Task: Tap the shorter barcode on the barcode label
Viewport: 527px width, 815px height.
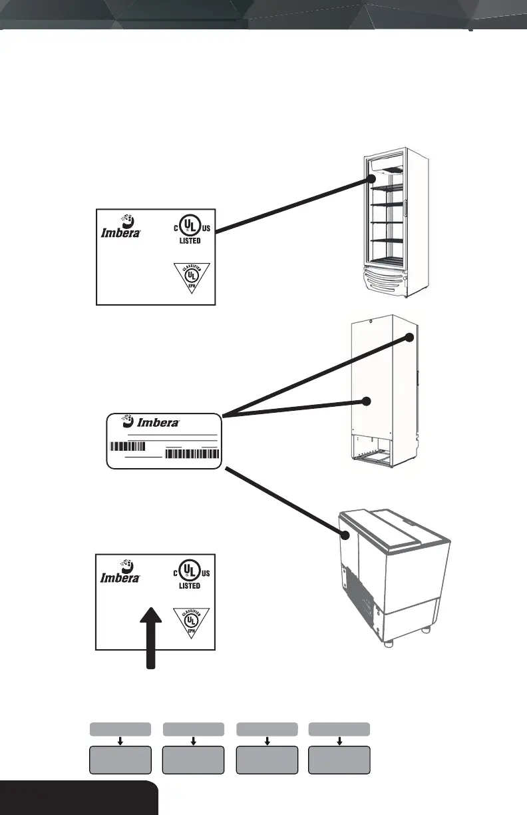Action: (132, 445)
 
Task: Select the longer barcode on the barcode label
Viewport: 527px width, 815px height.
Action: (192, 454)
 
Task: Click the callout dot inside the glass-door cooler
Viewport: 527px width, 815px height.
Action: (373, 180)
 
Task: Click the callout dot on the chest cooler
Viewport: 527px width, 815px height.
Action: (345, 535)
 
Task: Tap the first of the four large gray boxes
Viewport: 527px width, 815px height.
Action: (120, 760)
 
